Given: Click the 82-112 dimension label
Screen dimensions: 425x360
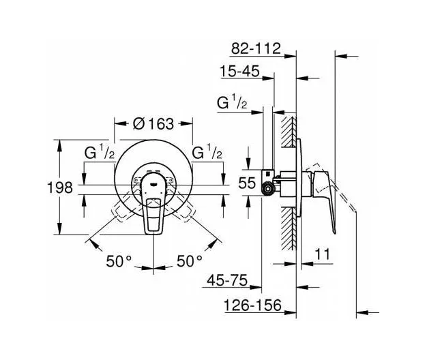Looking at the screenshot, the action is pos(256,49).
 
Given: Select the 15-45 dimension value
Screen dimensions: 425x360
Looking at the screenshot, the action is pos(239,72).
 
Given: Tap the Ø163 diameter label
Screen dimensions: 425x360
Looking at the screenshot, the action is pos(153,124).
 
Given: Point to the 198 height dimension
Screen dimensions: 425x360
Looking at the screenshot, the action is pos(60,187).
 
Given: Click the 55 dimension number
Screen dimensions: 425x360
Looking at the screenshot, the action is pos(247,183).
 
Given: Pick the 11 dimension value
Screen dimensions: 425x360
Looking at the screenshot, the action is pos(322,254).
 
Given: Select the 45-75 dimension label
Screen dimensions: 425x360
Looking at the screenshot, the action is pos(227,280).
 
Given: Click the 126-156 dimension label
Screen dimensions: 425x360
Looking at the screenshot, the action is pos(252,305).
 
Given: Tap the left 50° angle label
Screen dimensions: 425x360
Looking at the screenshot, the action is pos(119,261).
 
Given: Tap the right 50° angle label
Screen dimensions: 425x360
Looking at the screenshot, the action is pos(190,261).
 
